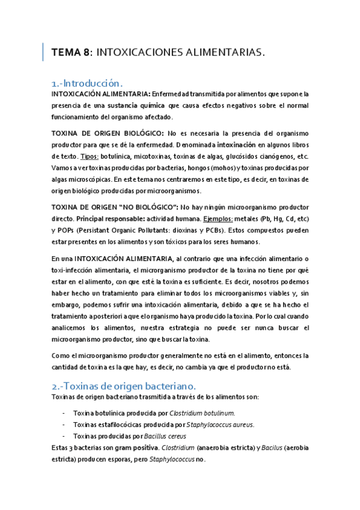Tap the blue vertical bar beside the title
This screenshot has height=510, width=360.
[x=43, y=52]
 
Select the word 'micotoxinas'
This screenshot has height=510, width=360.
[x=135, y=156]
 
